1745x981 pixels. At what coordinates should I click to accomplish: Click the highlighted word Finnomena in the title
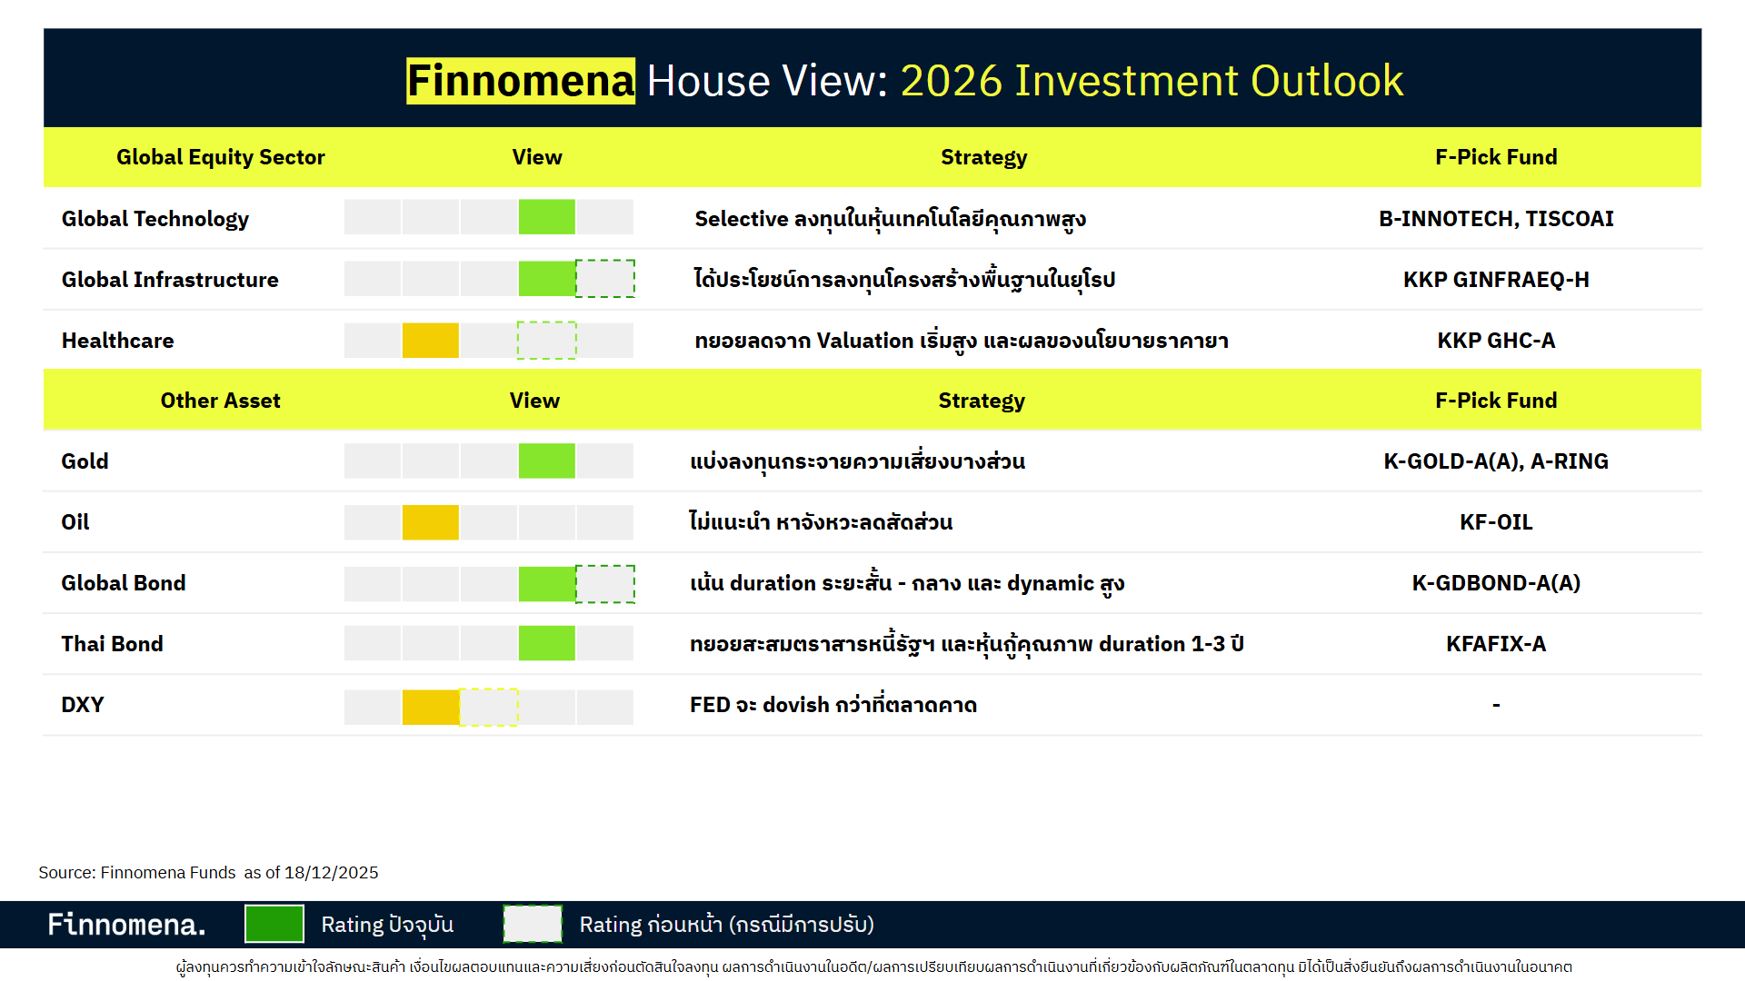520,81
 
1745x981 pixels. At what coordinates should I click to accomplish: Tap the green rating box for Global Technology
546,217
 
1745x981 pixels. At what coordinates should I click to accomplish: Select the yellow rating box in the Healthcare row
430,341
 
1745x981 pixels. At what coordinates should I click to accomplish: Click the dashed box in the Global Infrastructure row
605,279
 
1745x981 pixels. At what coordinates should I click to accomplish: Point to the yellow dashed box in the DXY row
489,707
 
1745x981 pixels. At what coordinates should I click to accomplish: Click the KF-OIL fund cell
1495,522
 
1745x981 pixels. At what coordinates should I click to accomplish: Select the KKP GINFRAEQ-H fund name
1495,280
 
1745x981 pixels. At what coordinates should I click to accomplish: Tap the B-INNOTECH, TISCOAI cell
1495,219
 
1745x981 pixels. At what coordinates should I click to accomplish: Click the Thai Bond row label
112,644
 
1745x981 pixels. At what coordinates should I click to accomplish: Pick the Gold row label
85,461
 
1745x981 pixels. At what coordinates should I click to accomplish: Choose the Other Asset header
220,401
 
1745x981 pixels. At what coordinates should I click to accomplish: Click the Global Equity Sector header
220,157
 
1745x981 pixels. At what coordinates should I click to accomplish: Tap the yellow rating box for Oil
430,522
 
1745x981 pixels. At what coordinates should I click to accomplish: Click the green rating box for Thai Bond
546,643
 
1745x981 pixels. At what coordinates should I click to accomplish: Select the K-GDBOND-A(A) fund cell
1495,583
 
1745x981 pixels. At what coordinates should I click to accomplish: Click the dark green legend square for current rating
274,924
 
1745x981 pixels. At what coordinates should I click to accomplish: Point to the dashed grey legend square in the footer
533,924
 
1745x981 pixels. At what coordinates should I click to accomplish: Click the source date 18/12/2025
331,873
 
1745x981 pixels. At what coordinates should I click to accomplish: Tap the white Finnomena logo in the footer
126,925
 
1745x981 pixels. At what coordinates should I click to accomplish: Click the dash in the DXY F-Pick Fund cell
1495,705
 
